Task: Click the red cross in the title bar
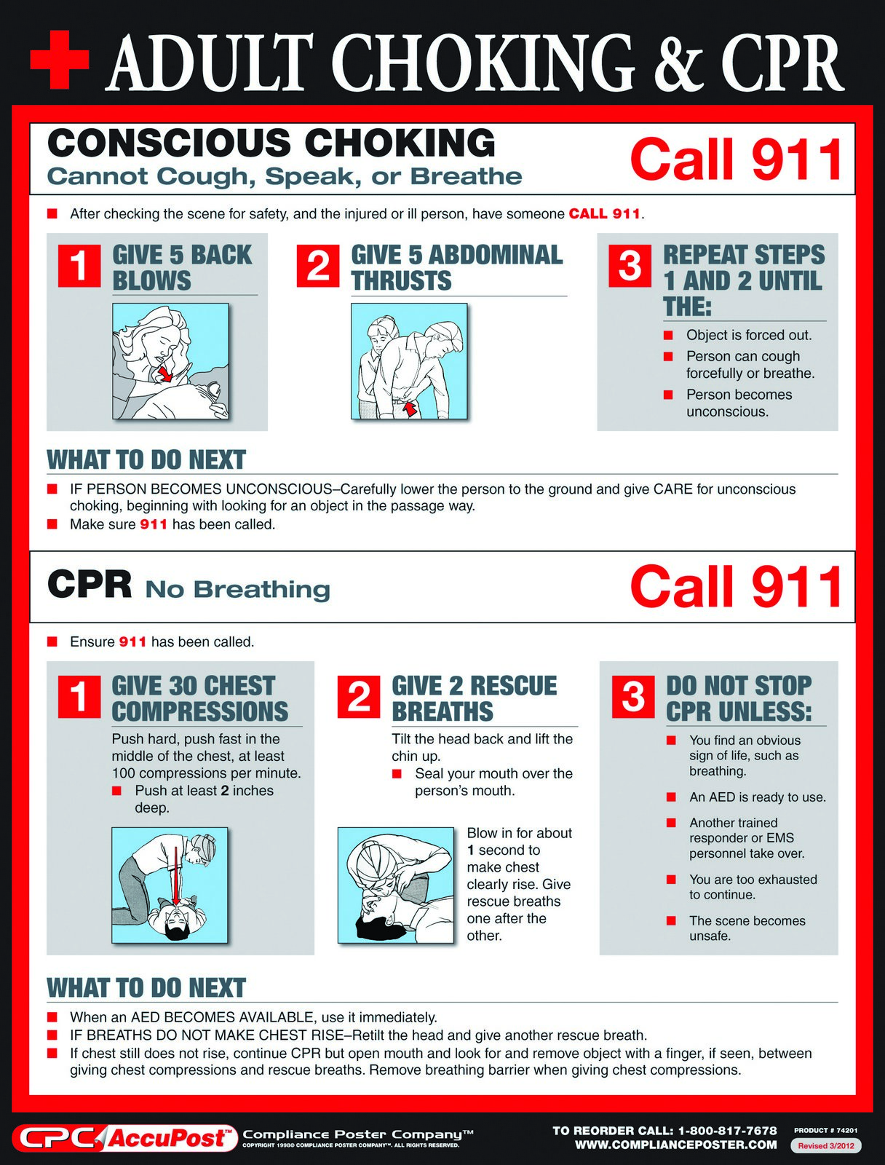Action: pos(60,60)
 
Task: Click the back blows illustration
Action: pos(170,361)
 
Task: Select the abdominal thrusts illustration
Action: pos(409,361)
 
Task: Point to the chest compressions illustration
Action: pos(170,885)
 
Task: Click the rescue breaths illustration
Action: pos(396,885)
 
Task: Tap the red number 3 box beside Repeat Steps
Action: pos(630,266)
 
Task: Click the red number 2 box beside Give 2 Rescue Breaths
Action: pos(359,697)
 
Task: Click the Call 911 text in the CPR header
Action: pos(736,587)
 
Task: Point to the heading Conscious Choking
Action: pos(271,143)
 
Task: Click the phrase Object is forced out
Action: pos(748,335)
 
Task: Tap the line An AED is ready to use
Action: pos(757,797)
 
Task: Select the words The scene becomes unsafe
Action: pos(747,928)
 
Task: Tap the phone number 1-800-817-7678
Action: pos(727,1131)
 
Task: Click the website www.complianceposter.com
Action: pos(675,1145)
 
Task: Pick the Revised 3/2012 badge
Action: pos(825,1145)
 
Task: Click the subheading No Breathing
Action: pos(237,589)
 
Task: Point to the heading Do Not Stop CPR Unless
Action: pos(738,698)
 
